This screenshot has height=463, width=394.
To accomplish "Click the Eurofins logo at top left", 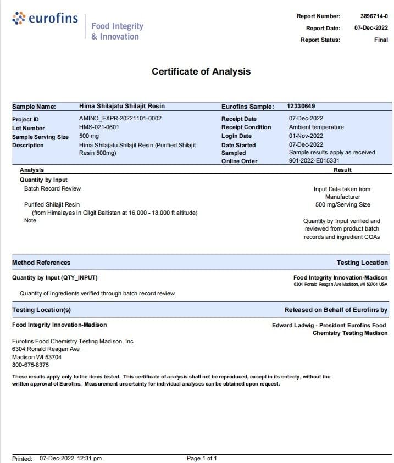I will click(45, 19).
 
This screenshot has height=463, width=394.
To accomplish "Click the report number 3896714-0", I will click(374, 16).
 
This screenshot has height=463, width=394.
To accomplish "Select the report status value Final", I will click(381, 40).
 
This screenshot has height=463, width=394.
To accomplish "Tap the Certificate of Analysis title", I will click(201, 71).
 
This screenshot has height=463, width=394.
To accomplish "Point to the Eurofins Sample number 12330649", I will click(301, 106).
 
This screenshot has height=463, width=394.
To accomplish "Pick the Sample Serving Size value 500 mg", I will click(90, 136).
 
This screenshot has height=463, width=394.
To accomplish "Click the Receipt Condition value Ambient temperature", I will click(316, 127).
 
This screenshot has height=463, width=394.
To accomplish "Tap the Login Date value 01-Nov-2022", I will click(306, 136).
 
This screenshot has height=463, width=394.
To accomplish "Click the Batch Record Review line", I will click(52, 188).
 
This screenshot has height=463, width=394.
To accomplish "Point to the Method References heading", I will click(41, 263).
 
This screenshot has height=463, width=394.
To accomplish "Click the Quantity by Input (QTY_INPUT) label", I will click(55, 278).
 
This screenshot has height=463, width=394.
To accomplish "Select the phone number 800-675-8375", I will click(30, 365).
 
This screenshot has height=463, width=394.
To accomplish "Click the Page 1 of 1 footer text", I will click(202, 458).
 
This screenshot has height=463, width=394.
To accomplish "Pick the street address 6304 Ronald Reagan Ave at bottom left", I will click(46, 349).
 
